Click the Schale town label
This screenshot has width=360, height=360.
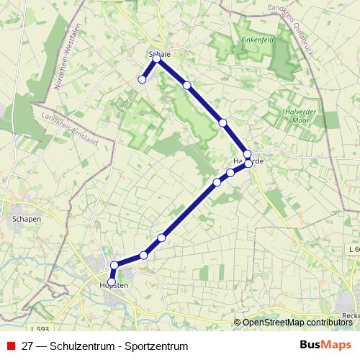(158, 53)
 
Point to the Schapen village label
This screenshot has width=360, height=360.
(26, 219)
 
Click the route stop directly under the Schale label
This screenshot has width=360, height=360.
(157, 59)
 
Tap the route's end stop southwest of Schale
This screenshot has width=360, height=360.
(143, 79)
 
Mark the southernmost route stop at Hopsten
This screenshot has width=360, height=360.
(112, 282)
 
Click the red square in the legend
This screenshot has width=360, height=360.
(10, 346)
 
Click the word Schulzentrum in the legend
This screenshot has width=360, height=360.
(82, 346)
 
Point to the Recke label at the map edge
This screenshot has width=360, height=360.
(351, 315)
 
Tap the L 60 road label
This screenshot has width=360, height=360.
(352, 248)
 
